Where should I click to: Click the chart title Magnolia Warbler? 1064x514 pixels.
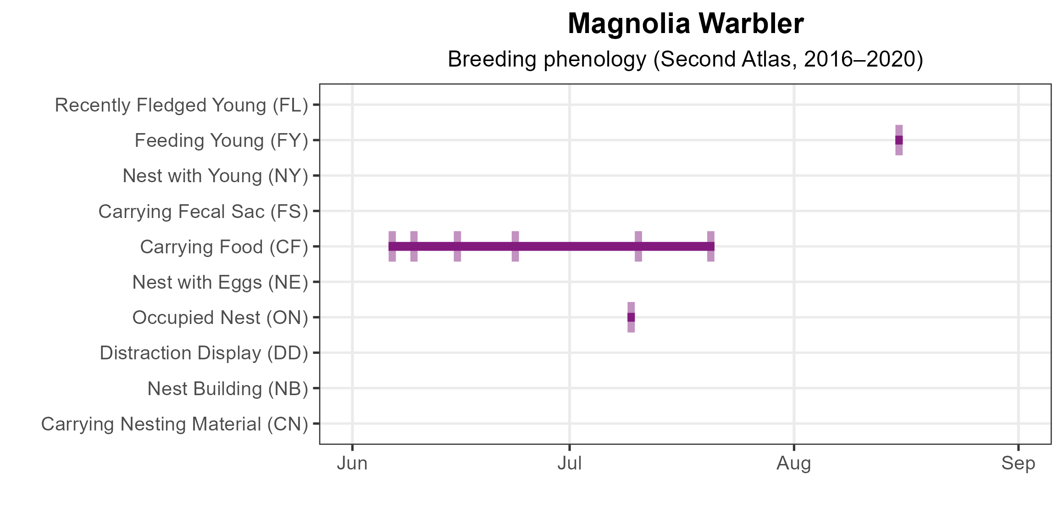(x=685, y=24)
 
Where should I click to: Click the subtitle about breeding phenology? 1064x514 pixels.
(x=685, y=60)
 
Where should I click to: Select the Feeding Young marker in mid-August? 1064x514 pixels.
(x=899, y=140)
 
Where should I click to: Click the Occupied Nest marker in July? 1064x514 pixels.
(x=631, y=317)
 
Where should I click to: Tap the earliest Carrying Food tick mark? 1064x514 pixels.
(x=392, y=246)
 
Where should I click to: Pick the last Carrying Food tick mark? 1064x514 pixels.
(x=711, y=246)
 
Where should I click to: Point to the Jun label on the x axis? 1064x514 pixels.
(x=352, y=464)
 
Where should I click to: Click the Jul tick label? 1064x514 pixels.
(x=570, y=464)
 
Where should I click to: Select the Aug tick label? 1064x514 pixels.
(x=794, y=464)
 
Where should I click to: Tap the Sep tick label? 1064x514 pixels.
(x=1018, y=464)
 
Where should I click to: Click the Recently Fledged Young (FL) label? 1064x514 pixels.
(x=181, y=105)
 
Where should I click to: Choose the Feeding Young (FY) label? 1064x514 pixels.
(x=221, y=140)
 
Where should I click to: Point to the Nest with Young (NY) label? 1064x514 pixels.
(x=215, y=176)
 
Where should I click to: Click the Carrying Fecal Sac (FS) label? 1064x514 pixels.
(x=203, y=212)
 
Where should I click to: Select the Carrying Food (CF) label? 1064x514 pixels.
(x=224, y=247)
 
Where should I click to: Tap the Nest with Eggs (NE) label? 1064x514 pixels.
(x=220, y=282)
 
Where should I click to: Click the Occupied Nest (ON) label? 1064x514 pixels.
(x=220, y=318)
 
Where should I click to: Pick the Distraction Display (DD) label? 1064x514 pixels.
(x=204, y=353)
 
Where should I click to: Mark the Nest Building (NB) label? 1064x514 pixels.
(x=227, y=389)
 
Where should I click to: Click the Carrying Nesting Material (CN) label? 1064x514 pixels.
(x=174, y=424)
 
